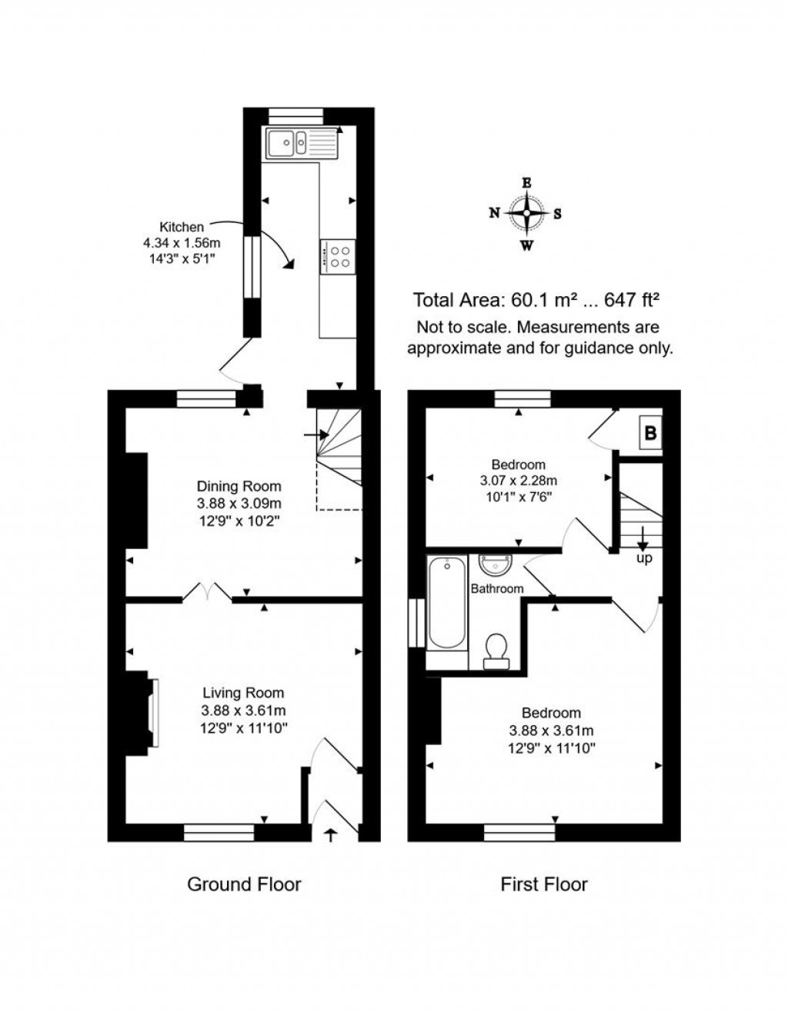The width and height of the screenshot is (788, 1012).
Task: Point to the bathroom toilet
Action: pos(495,650)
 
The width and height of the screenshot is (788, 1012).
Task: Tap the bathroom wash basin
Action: pos(495,566)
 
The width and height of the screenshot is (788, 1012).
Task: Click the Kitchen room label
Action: pos(182,227)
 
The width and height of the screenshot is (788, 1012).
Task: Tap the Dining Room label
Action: pos(239,486)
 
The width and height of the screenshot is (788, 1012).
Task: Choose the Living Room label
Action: pos(243,693)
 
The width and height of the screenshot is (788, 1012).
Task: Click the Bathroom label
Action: pos(497,589)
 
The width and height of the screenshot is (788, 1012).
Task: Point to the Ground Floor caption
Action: pos(244,884)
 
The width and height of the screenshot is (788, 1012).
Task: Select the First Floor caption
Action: pos(544,884)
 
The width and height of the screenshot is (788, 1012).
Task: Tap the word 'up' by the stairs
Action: pos(644,558)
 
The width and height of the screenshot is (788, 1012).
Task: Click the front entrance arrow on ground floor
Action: pos(332,834)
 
